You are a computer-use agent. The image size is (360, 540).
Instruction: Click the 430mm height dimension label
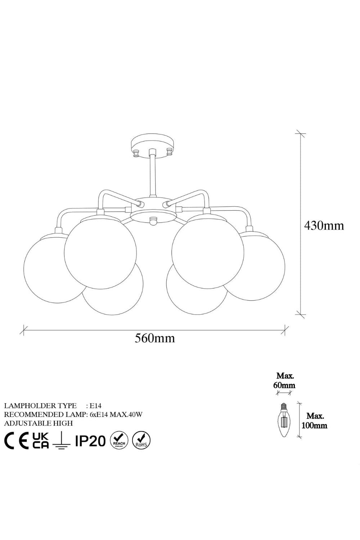[x=324, y=226]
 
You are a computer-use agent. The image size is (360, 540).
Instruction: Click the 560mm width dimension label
[x=154, y=338]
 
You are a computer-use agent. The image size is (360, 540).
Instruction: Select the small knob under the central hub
[x=152, y=221]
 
